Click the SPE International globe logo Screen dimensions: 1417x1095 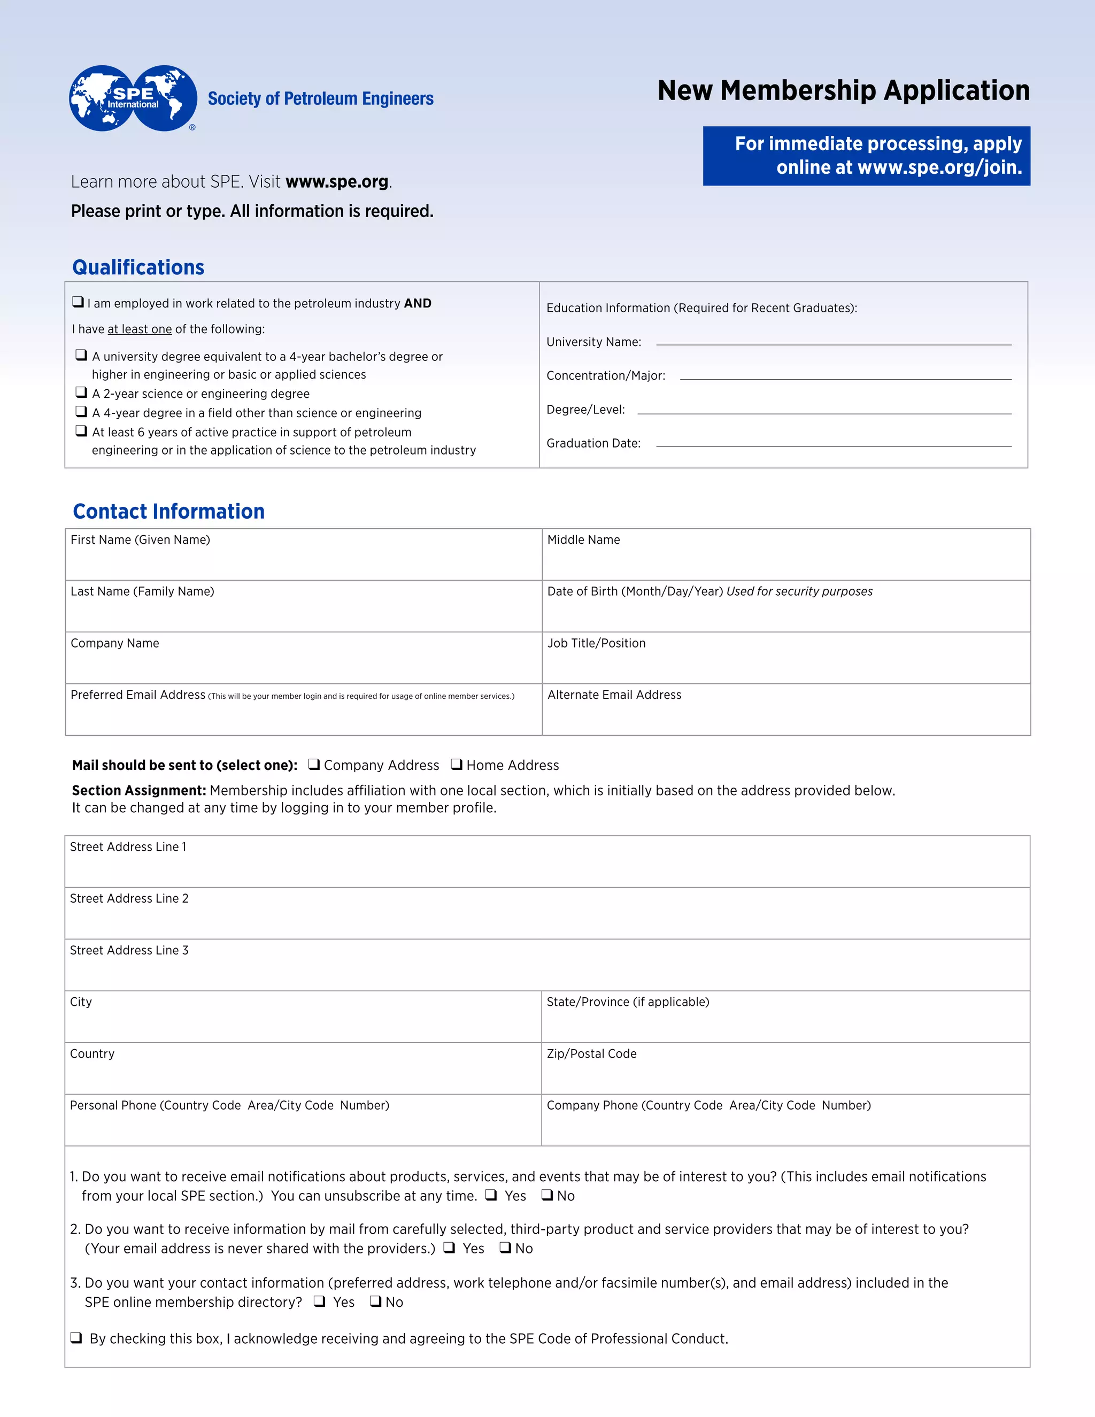(133, 98)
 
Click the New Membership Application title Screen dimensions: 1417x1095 (843, 90)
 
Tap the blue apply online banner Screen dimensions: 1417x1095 (866, 156)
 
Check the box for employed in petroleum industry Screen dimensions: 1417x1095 (78, 302)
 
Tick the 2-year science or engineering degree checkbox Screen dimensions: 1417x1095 (81, 392)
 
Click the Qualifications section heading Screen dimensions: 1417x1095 (138, 267)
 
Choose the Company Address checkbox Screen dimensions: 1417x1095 (314, 764)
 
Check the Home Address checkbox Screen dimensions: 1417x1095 (456, 764)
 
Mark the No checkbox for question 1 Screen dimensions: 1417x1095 (547, 1195)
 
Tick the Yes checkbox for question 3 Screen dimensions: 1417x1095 (319, 1301)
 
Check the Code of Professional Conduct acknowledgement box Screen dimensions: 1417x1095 (76, 1337)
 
